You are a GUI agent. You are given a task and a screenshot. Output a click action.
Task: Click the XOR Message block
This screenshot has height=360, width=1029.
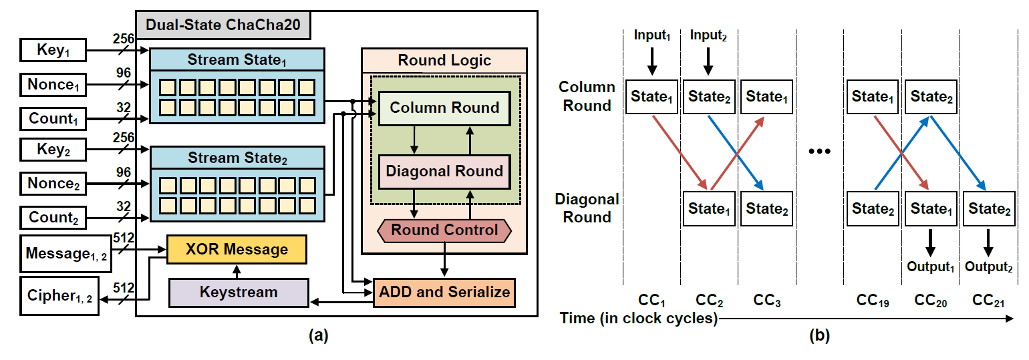pyautogui.click(x=237, y=249)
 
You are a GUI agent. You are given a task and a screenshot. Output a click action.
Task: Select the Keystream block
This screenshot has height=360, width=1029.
pyautogui.click(x=239, y=293)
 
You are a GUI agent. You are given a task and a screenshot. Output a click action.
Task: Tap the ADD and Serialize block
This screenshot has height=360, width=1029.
pyautogui.click(x=444, y=292)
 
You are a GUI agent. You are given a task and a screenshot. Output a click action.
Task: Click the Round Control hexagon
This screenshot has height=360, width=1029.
pyautogui.click(x=444, y=230)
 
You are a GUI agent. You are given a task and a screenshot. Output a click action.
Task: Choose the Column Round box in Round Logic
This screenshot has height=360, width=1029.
pyautogui.click(x=444, y=108)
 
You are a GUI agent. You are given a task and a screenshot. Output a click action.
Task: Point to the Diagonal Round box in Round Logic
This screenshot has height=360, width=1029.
pyautogui.click(x=444, y=171)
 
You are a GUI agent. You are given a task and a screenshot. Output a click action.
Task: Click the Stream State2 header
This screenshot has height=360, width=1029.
pyautogui.click(x=237, y=158)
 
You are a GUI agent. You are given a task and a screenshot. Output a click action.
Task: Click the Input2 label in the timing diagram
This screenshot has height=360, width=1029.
pyautogui.click(x=709, y=35)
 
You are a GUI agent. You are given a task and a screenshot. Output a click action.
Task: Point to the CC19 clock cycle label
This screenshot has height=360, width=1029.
pyautogui.click(x=872, y=301)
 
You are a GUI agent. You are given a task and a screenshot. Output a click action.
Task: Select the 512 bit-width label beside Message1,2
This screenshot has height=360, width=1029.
pyautogui.click(x=124, y=238)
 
